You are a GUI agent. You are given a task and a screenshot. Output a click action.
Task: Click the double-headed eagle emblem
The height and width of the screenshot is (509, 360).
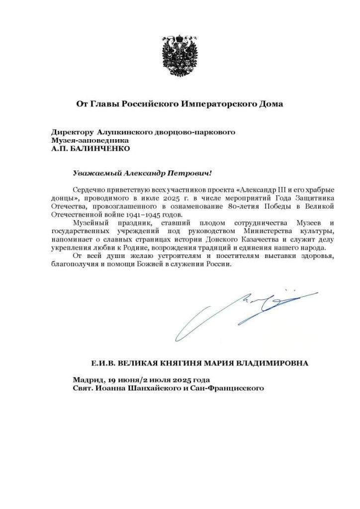pos(180,55)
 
